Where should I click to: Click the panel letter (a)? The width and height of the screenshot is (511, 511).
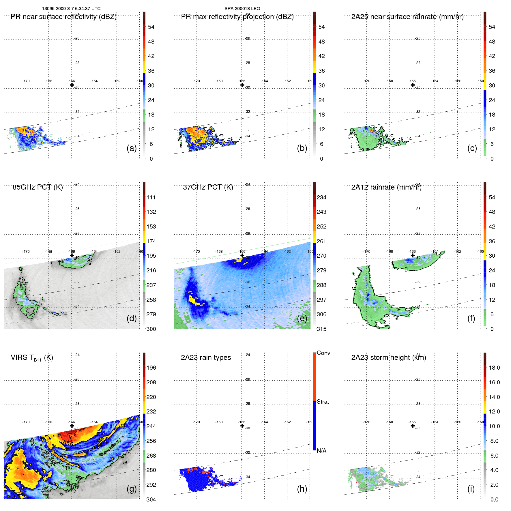(x=132, y=148)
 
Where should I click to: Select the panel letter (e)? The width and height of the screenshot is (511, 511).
(x=302, y=318)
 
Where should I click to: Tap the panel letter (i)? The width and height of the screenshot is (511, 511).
(x=471, y=489)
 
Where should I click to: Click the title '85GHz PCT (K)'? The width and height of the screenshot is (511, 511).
(x=38, y=187)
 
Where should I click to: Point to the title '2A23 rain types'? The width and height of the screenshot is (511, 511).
(x=206, y=357)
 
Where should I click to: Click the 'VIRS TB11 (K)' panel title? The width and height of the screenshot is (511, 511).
(x=32, y=358)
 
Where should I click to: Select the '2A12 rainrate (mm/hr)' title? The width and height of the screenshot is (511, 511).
(x=386, y=187)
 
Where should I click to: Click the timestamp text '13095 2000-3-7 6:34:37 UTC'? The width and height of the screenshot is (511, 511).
(x=71, y=9)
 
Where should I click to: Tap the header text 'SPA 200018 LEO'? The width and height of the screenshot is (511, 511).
(x=242, y=9)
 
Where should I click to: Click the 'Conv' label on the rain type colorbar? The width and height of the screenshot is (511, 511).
(x=323, y=353)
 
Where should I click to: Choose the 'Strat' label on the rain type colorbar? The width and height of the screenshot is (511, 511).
(x=323, y=402)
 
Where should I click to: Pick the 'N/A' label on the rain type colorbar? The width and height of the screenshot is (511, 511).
(x=321, y=451)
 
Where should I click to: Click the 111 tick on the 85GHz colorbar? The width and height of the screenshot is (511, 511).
(x=151, y=198)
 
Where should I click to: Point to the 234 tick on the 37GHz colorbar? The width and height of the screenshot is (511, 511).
(x=321, y=198)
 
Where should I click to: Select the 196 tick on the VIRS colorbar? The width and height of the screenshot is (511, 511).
(x=151, y=368)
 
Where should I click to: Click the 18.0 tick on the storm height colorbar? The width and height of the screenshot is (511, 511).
(x=494, y=368)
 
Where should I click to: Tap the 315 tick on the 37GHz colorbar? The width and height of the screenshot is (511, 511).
(x=321, y=329)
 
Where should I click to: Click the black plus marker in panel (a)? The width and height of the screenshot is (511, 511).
(x=72, y=85)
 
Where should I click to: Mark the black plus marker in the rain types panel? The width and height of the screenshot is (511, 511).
(x=242, y=426)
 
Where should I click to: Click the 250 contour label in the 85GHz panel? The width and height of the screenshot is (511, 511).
(x=90, y=260)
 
